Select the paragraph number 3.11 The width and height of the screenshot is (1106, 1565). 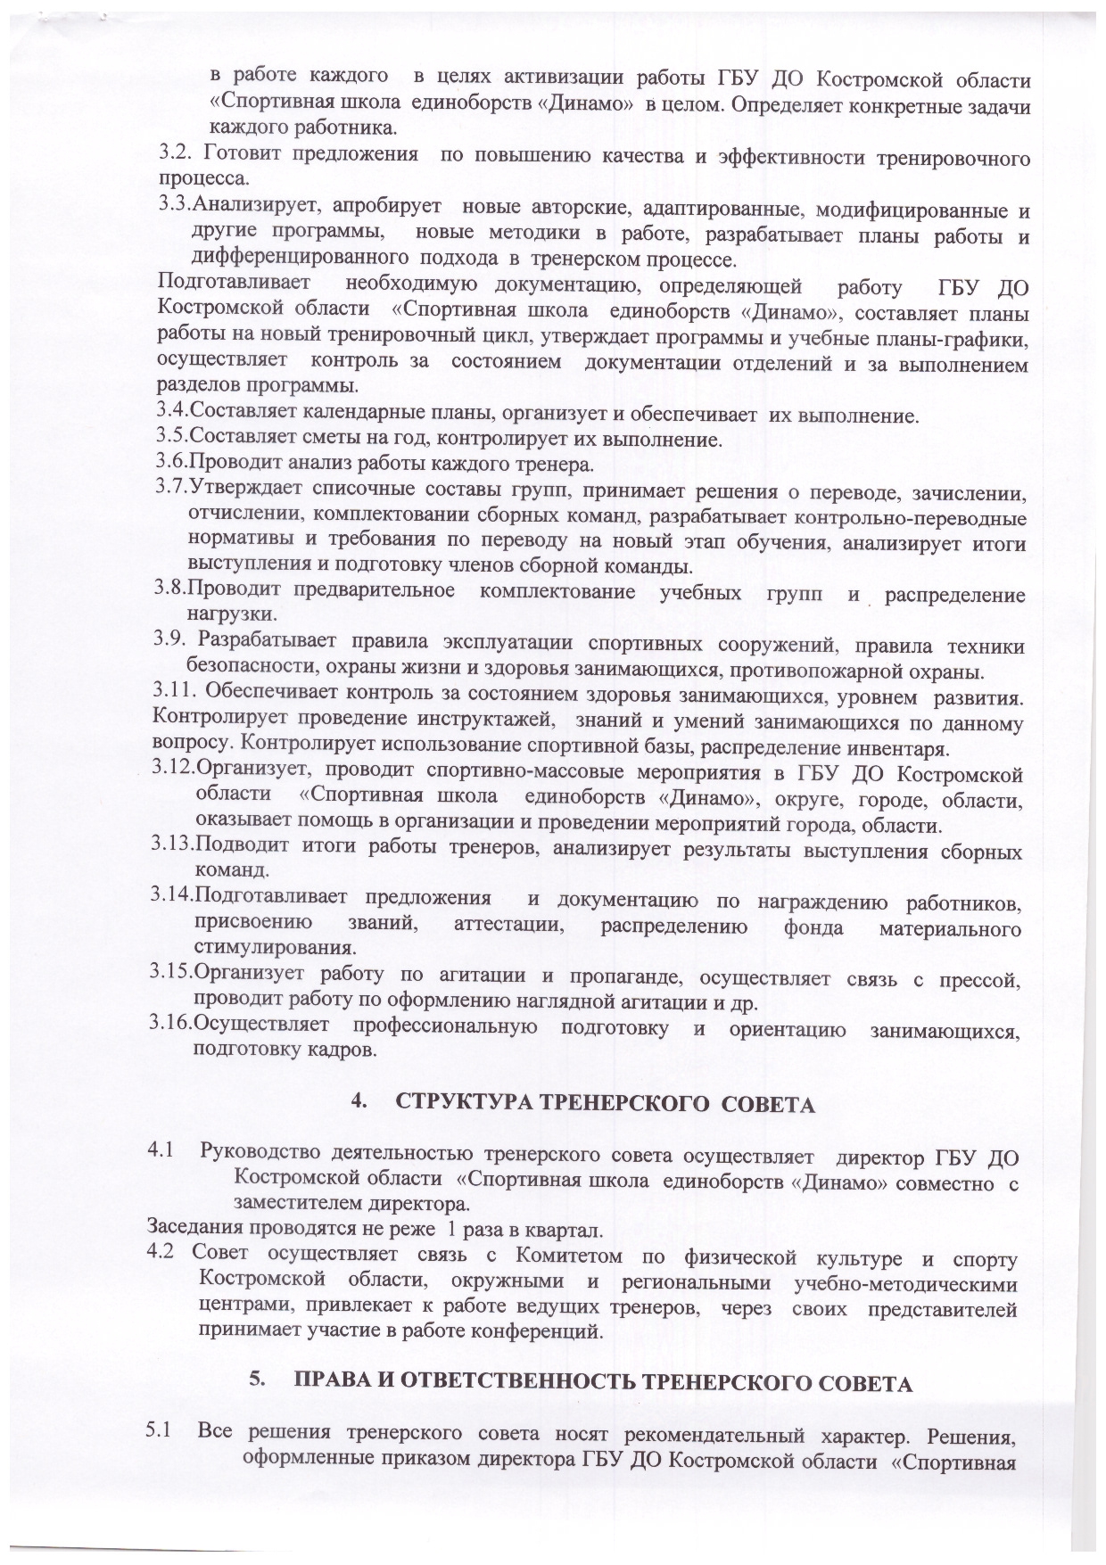tap(174, 691)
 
